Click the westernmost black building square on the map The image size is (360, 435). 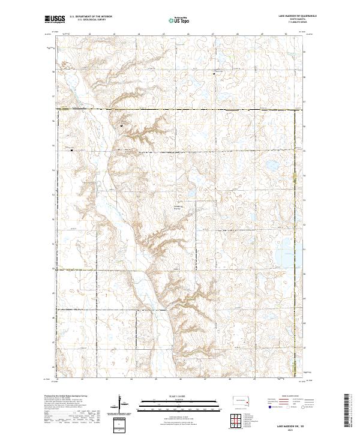pos(71,150)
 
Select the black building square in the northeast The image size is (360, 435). pos(215,73)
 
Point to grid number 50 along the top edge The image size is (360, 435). pos(286,35)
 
